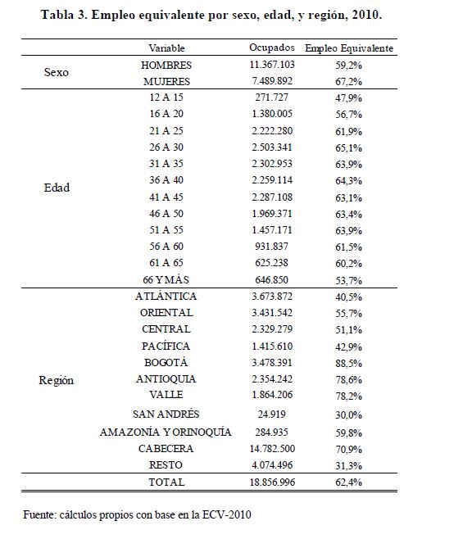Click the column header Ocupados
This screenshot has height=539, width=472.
(272, 48)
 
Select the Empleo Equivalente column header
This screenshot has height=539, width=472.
(349, 48)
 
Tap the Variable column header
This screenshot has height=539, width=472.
(166, 48)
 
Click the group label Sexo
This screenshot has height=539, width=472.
(56, 72)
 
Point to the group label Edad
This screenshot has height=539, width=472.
(57, 188)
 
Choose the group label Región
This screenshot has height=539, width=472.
(56, 381)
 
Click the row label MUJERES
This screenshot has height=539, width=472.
(166, 81)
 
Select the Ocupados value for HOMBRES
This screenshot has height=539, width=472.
(272, 65)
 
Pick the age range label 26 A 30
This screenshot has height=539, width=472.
(166, 147)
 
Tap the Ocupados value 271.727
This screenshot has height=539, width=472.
(271, 97)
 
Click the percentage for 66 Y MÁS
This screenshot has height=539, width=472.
(348, 280)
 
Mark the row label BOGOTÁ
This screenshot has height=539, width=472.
(166, 362)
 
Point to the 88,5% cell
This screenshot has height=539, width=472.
(348, 364)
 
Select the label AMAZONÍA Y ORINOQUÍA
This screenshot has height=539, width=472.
(166, 432)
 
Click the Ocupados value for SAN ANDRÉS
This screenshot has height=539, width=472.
(271, 414)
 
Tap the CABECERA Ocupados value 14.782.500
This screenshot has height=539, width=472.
(272, 449)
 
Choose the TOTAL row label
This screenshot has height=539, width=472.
(166, 482)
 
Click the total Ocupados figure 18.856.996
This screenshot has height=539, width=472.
(272, 482)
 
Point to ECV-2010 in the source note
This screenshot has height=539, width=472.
(226, 514)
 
